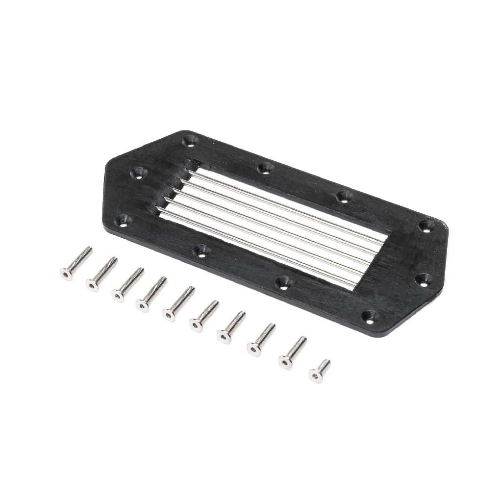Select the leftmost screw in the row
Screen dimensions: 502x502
(x=76, y=263)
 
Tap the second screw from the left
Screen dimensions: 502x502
(x=101, y=274)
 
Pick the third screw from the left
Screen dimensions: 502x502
(x=127, y=284)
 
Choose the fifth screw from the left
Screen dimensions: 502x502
(x=178, y=303)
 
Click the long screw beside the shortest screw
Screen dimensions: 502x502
(x=293, y=352)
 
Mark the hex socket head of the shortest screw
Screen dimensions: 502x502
(x=315, y=376)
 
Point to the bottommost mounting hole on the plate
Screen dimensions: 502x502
(x=369, y=316)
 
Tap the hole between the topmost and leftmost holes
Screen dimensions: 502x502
(x=139, y=172)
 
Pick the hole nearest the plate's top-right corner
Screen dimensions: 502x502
(x=426, y=226)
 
